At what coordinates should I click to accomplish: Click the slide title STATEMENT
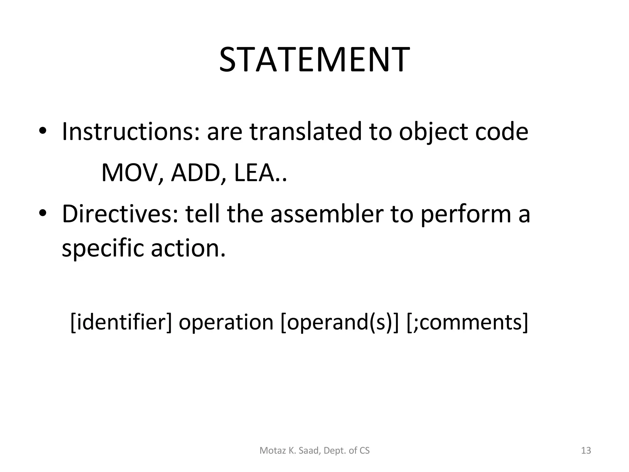[314, 60]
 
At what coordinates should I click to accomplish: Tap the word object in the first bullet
[433, 132]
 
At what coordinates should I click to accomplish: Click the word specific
[103, 248]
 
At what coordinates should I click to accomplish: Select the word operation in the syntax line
[226, 323]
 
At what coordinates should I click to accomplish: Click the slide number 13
[586, 450]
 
